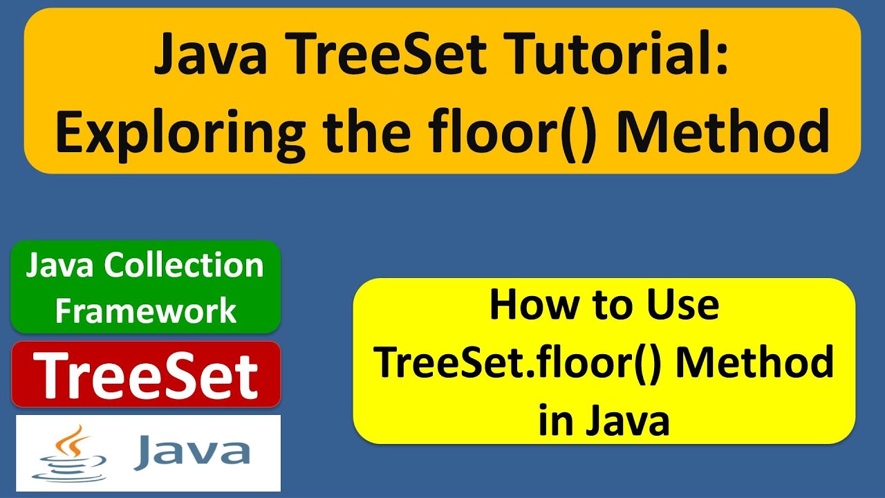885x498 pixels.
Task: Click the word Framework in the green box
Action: [146, 311]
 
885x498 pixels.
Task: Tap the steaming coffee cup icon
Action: [70, 453]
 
